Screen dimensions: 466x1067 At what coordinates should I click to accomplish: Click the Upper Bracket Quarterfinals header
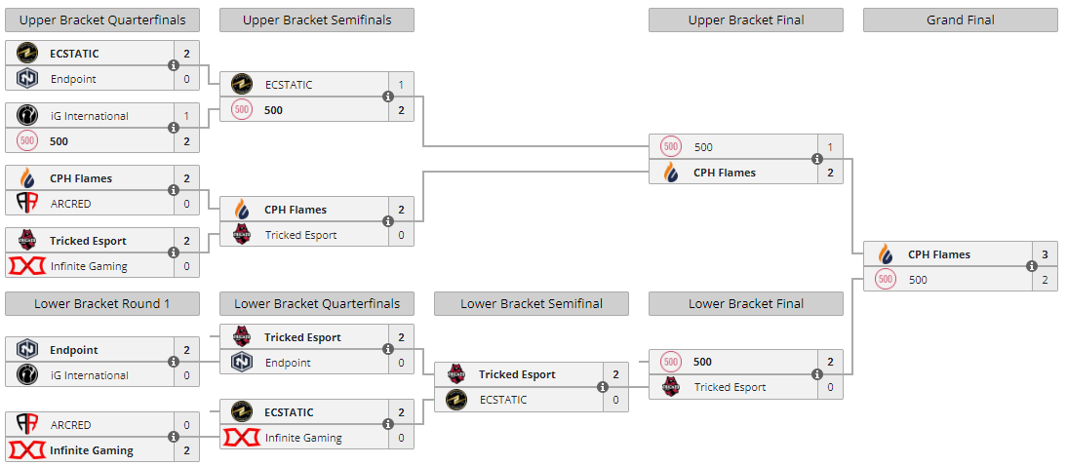pos(102,19)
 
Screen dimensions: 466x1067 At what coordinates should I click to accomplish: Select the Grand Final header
pos(960,19)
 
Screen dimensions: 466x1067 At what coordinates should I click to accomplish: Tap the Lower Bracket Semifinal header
pos(531,303)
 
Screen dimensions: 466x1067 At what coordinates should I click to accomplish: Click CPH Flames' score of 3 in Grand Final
pos(1045,254)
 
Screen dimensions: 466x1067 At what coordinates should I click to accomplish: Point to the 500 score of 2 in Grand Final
pos(1045,280)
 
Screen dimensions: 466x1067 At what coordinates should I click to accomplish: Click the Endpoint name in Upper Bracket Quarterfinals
pos(73,79)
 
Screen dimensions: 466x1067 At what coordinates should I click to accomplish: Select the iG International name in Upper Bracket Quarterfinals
pos(89,116)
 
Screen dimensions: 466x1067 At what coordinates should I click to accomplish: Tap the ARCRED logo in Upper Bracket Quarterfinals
pos(27,204)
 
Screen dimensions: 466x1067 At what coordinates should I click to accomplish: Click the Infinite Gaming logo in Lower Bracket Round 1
pos(27,450)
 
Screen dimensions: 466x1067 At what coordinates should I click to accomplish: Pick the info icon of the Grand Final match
pos(1032,267)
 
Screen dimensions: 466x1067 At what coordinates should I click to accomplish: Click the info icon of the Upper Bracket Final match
pos(817,160)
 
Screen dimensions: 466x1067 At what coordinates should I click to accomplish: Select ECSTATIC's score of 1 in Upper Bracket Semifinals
pos(401,85)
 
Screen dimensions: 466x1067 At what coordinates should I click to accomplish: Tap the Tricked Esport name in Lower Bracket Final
pos(730,387)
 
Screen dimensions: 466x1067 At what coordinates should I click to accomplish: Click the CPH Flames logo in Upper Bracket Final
pos(671,173)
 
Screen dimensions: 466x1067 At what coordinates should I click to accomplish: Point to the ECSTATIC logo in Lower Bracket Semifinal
pos(456,400)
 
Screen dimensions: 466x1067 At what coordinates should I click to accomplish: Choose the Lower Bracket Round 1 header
pos(102,303)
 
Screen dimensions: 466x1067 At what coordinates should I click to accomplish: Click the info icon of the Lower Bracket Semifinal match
pos(603,387)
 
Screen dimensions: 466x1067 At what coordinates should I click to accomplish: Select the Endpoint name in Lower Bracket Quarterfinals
pos(288,363)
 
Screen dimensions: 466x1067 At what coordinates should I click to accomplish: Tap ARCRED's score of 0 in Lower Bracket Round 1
pos(186,425)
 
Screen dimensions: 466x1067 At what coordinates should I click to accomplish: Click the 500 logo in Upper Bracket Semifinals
pos(242,110)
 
